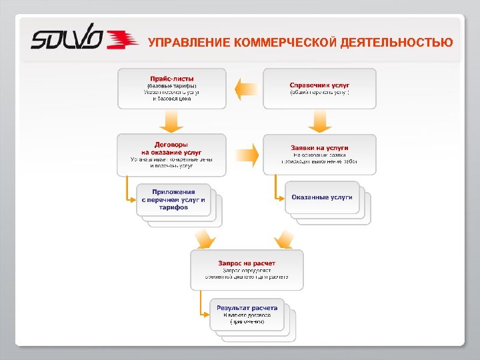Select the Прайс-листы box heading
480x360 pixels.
point(171,79)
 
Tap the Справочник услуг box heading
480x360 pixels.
point(319,85)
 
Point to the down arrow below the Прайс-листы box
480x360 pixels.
point(171,121)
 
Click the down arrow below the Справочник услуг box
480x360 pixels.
point(319,121)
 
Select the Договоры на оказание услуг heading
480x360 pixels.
point(171,148)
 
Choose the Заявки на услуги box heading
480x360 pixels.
point(319,148)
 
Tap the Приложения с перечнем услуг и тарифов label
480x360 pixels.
point(173,199)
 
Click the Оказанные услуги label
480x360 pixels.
point(322,197)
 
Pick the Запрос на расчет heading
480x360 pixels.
point(247,263)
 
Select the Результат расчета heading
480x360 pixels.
point(247,308)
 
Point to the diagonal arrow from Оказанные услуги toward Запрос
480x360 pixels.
point(284,238)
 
